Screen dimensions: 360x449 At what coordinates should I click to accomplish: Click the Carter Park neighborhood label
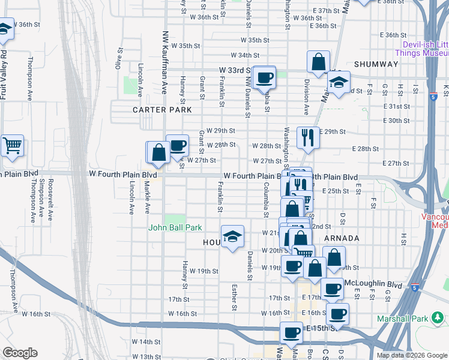162,110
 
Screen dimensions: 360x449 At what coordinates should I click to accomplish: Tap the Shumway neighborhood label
376,64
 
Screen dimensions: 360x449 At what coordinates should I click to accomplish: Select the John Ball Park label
175,227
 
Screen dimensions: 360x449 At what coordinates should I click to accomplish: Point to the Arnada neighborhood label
341,238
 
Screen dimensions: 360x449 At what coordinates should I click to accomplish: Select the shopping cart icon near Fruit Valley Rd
12,146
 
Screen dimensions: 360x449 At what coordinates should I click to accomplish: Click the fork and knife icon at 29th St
308,137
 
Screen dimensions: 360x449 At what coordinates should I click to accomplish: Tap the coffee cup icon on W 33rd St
264,77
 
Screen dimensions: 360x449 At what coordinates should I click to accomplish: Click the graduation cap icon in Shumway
339,83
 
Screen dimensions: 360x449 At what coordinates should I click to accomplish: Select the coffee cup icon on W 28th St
177,145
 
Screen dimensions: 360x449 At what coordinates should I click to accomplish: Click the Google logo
20,353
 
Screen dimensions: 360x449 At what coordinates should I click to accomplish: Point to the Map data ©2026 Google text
411,355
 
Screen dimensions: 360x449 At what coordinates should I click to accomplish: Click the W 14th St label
143,341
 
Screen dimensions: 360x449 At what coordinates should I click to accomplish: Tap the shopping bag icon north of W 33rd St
318,61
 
